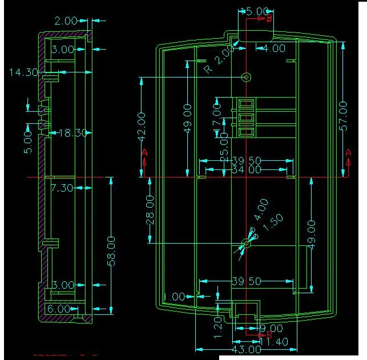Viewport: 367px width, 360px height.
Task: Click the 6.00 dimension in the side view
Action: tap(59, 308)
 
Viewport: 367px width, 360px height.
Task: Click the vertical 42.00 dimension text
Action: tap(141, 126)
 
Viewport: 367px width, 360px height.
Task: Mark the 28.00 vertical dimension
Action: tap(150, 209)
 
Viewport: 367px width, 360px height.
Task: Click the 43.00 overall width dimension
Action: tap(246, 349)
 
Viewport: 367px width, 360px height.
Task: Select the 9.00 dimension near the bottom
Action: tap(272, 328)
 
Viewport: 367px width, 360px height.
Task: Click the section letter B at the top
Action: tap(269, 19)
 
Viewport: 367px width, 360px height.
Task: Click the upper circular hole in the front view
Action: tap(247, 77)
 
